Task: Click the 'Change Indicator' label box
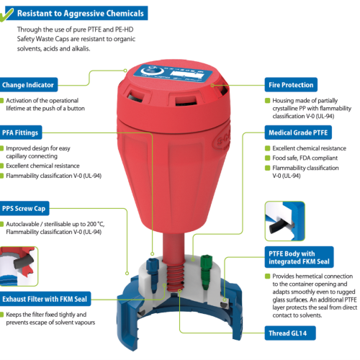click(x=29, y=84)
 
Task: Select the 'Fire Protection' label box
click(x=291, y=84)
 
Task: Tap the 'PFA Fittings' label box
click(x=21, y=132)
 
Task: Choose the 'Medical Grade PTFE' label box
click(x=298, y=132)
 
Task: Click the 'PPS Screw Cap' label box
click(x=24, y=208)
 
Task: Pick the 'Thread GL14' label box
click(x=290, y=333)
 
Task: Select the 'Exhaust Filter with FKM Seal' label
click(x=45, y=299)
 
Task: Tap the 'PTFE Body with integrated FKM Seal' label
click(x=299, y=257)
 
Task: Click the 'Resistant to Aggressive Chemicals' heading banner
click(x=77, y=13)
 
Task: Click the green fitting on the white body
click(x=206, y=271)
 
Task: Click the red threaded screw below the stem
click(x=175, y=277)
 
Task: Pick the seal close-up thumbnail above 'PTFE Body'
click(x=285, y=221)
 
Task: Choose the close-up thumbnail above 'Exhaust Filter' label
click(x=19, y=266)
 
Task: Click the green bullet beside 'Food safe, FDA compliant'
click(x=267, y=158)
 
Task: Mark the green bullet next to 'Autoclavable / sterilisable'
click(x=1, y=224)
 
